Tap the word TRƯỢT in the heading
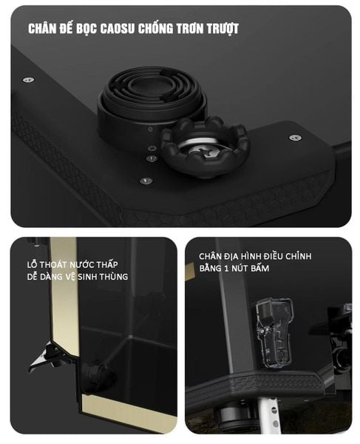(223, 29)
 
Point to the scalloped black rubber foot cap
(205, 147)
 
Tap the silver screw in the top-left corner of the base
(28, 80)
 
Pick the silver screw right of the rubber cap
(295, 138)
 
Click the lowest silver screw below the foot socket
(146, 181)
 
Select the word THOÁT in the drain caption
(53, 265)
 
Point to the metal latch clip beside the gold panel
(47, 357)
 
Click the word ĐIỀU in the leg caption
(274, 256)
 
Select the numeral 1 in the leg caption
(226, 269)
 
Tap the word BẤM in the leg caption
(259, 268)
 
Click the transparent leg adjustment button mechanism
(274, 333)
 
